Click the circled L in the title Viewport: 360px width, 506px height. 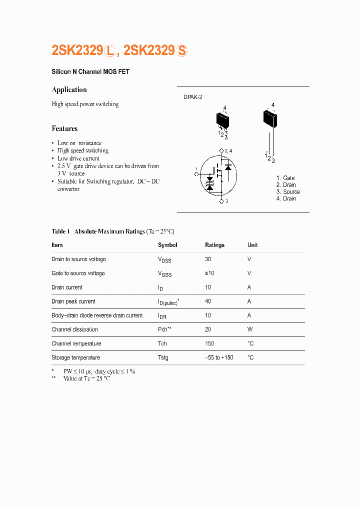point(110,50)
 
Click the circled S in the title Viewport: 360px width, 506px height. point(182,50)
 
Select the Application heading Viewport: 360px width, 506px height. point(69,90)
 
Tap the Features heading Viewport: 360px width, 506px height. point(64,128)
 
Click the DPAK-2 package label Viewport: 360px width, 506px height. point(192,97)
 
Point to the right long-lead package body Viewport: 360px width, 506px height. point(269,118)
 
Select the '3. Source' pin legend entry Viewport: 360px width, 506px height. point(288,192)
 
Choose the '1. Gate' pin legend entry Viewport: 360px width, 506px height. point(285,178)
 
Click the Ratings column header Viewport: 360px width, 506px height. point(214,245)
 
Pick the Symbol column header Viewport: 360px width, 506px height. point(167,245)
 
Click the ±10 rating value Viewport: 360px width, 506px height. point(209,273)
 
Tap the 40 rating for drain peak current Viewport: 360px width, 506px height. point(208,301)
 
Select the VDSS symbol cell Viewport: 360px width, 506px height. point(164,260)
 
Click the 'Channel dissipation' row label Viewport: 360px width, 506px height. point(74,329)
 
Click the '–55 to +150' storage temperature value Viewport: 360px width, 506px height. point(219,357)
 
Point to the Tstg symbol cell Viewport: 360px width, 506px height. point(163,358)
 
